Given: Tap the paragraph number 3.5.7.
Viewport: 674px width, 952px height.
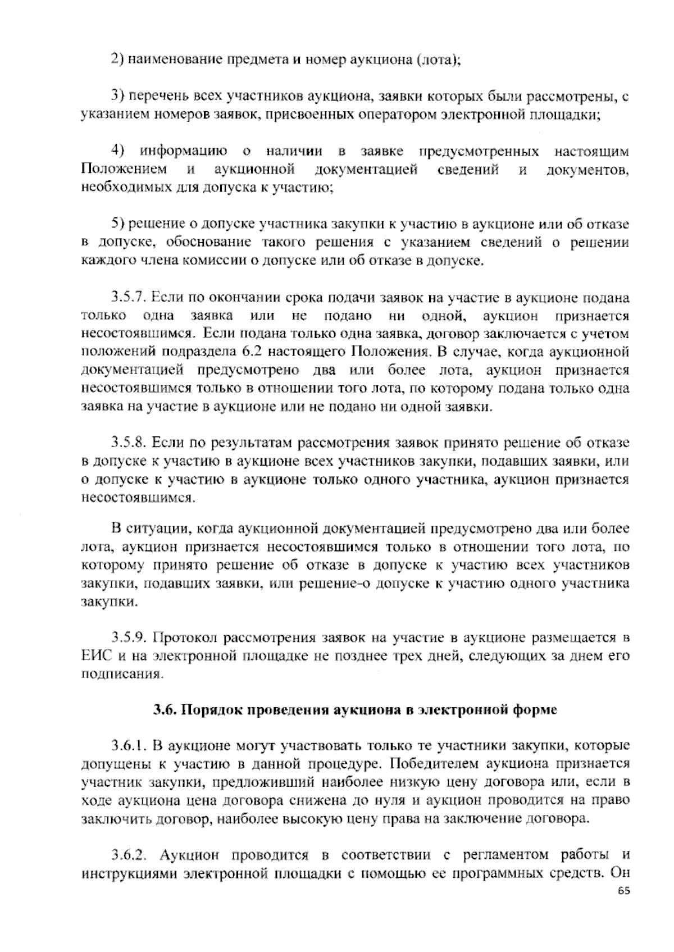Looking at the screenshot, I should (x=128, y=297).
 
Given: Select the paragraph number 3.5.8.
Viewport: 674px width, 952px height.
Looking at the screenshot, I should (x=128, y=444).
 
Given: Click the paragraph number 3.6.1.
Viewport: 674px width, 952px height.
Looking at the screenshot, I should (x=128, y=746).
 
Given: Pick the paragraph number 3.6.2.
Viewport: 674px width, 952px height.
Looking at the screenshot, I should (x=128, y=855).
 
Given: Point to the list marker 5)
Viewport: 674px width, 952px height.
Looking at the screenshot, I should (x=117, y=224).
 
